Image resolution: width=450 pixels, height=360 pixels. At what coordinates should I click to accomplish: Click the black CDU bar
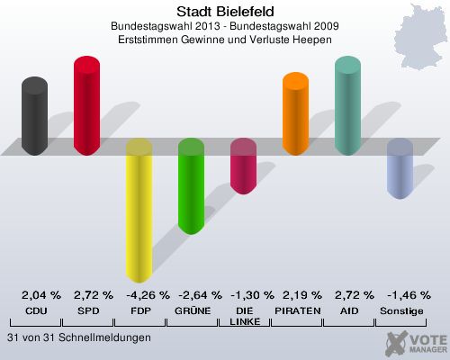click(x=35, y=116)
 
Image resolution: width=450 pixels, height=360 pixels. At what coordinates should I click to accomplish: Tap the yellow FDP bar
click(x=139, y=211)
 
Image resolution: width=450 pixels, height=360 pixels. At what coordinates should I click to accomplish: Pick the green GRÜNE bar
click(x=191, y=186)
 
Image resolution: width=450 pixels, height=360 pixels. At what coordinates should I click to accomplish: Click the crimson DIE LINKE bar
click(x=243, y=166)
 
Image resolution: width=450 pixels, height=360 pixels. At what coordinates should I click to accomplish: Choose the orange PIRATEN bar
click(x=295, y=114)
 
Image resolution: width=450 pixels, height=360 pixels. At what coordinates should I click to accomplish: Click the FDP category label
click(x=139, y=310)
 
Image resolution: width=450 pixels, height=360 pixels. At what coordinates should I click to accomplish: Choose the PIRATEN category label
click(x=297, y=310)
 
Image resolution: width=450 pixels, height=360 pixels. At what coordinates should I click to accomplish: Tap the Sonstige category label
click(x=401, y=310)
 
